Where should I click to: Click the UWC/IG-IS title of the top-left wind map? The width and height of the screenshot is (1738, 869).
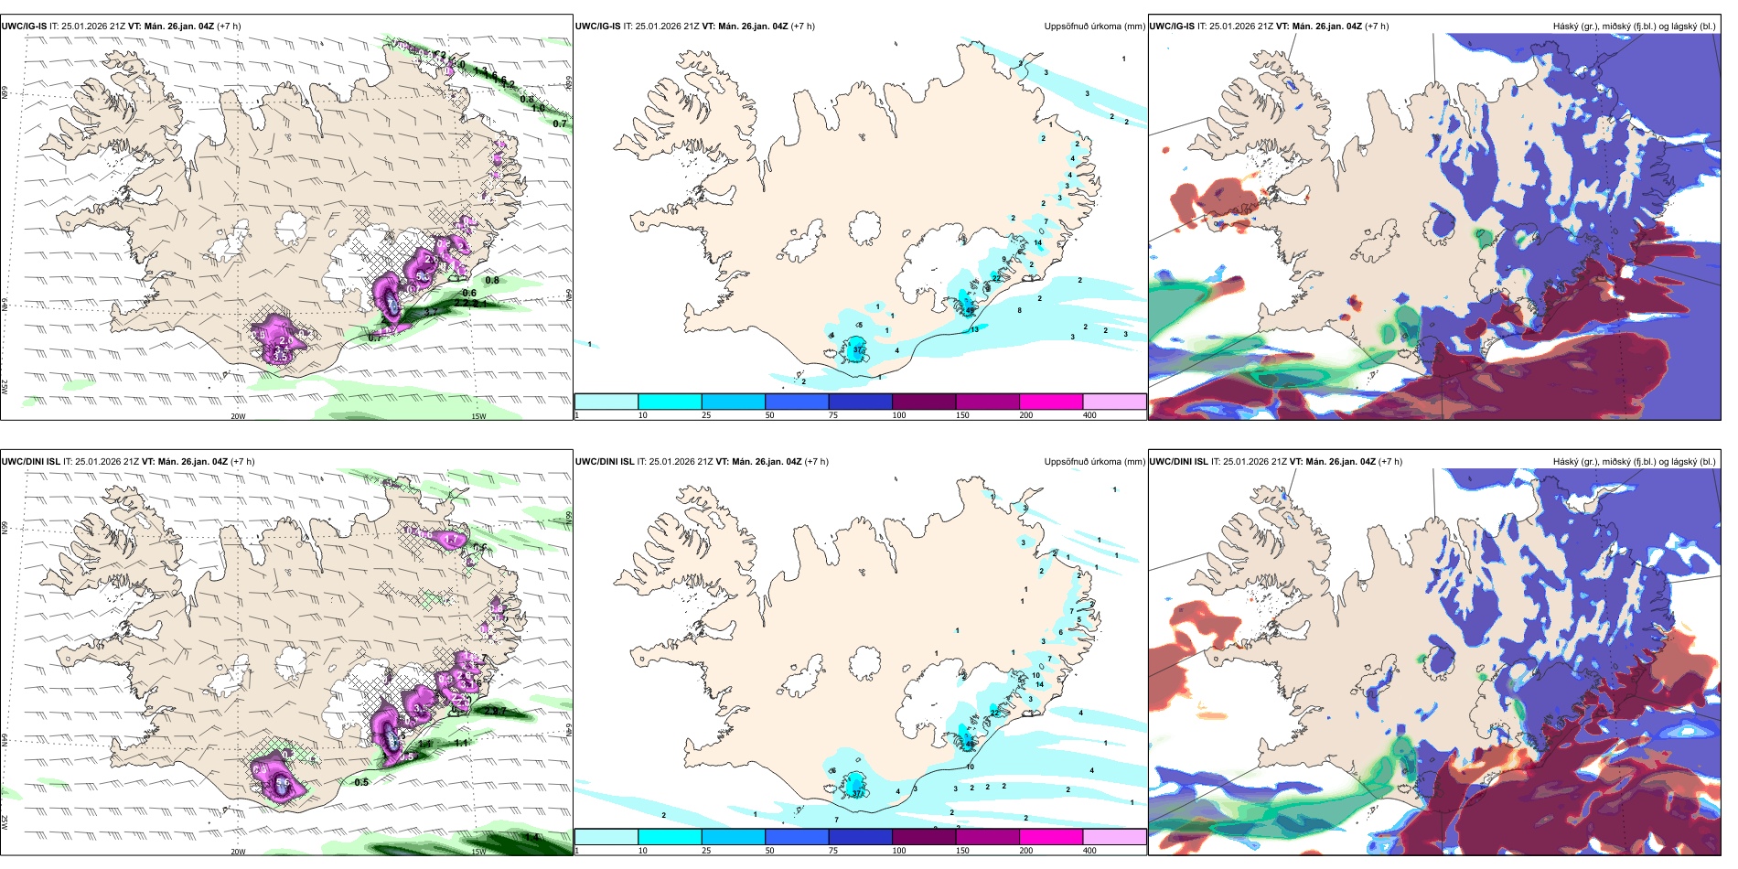24,27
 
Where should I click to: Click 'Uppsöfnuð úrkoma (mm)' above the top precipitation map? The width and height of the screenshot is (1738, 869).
1094,27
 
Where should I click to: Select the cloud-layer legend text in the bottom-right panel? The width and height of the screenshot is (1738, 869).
1634,462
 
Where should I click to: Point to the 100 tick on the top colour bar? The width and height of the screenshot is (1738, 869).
898,415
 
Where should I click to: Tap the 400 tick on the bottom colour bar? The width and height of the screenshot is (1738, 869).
1089,851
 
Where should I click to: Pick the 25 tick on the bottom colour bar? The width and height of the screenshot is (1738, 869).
706,851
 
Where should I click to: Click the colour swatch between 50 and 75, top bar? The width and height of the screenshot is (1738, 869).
797,402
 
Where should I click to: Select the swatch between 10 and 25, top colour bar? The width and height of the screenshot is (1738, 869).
670,402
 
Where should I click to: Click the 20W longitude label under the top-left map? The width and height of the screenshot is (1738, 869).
238,416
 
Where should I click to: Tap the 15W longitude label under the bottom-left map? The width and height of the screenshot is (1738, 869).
477,852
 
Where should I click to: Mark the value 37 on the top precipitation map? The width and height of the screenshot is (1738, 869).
857,350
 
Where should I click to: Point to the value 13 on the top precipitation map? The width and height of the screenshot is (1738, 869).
974,329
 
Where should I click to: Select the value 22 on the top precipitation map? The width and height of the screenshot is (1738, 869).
995,278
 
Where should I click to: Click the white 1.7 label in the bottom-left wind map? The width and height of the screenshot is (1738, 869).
451,541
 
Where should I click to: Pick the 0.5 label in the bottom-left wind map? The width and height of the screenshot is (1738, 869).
361,782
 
